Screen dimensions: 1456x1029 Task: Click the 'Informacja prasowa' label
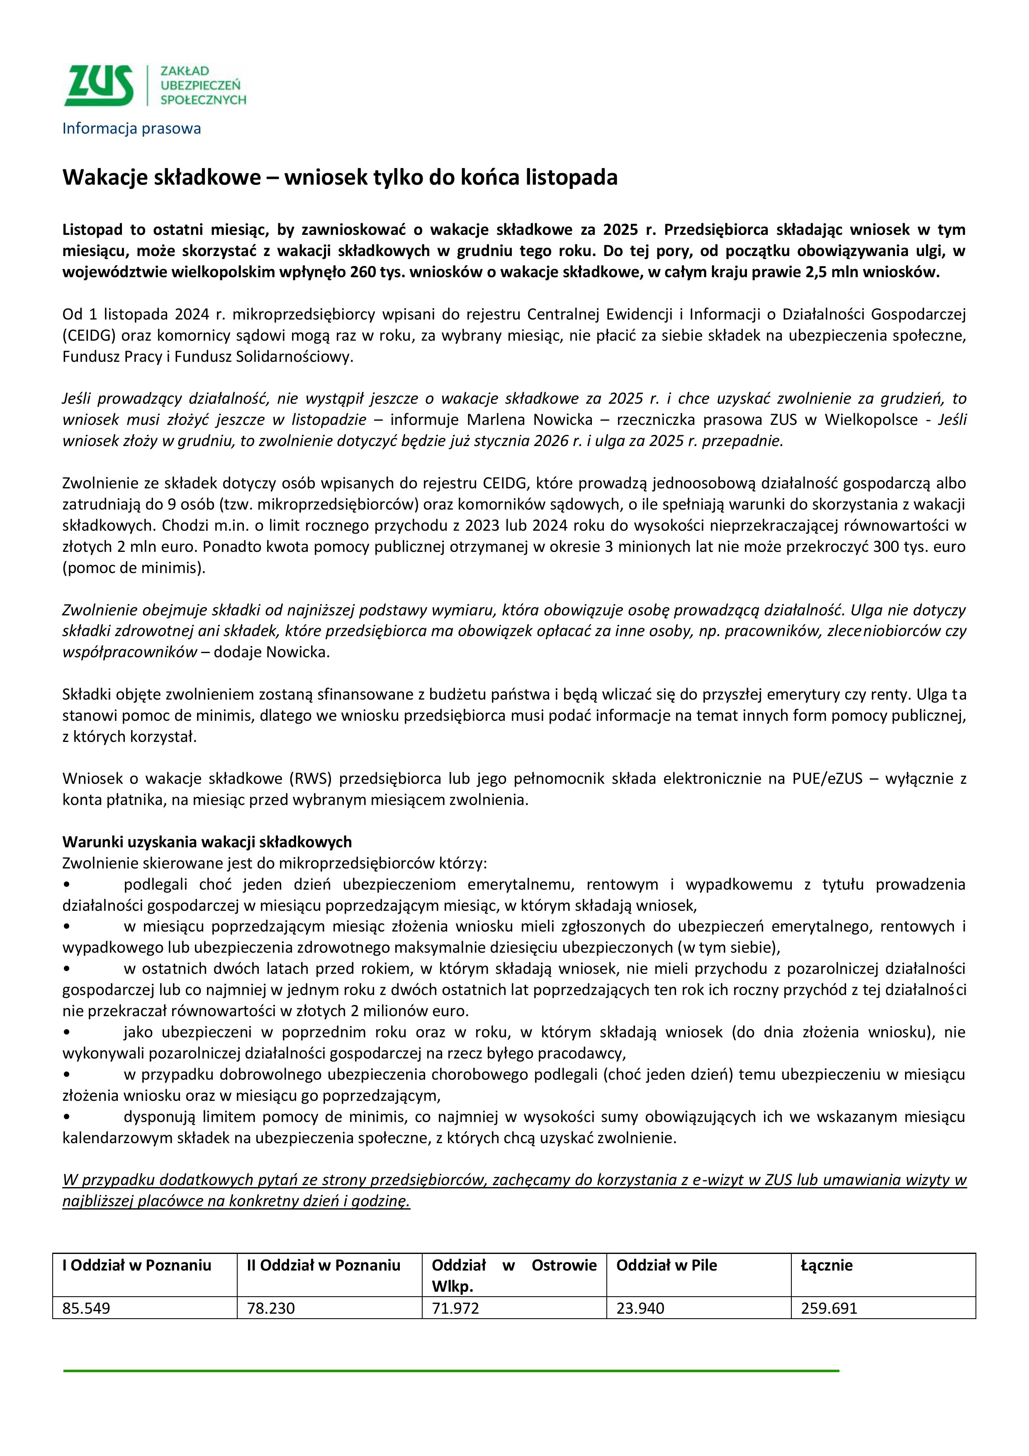pyautogui.click(x=131, y=129)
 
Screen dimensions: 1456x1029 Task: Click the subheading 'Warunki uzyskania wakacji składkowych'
pyautogui.click(x=207, y=841)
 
